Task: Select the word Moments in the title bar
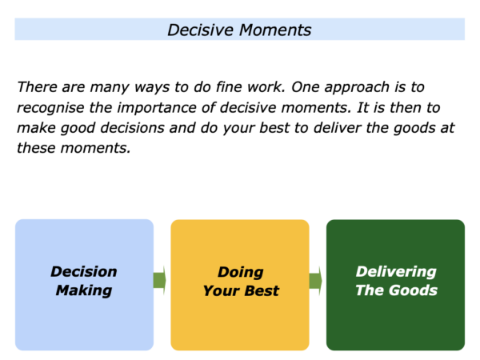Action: pyautogui.click(x=275, y=30)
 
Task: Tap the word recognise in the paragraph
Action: pyautogui.click(x=50, y=108)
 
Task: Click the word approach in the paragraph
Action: pyautogui.click(x=357, y=87)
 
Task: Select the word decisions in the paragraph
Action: pyautogui.click(x=132, y=128)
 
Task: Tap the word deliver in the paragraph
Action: pyautogui.click(x=338, y=128)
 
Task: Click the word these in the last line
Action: pyautogui.click(x=36, y=148)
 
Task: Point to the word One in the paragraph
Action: pyautogui.click(x=306, y=87)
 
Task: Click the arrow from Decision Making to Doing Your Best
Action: pyautogui.click(x=159, y=280)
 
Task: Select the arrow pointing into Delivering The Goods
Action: pyautogui.click(x=316, y=281)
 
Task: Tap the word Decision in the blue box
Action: pyautogui.click(x=84, y=271)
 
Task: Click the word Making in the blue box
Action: pyautogui.click(x=84, y=291)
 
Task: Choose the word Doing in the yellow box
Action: pyautogui.click(x=241, y=273)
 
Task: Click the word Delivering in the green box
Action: pyautogui.click(x=396, y=272)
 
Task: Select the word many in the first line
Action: pyautogui.click(x=110, y=87)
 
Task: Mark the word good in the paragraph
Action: pyautogui.click(x=78, y=129)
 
